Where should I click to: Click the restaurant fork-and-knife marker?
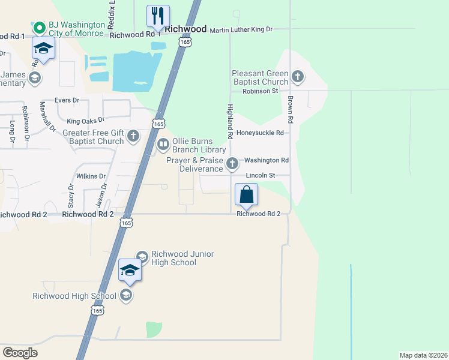click(x=158, y=16)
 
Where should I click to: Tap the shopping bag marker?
click(x=246, y=195)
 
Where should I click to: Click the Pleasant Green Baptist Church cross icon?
click(x=297, y=76)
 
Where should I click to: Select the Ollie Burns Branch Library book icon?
click(x=163, y=144)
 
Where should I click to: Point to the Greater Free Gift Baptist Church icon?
click(x=133, y=137)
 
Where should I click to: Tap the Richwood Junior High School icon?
click(x=142, y=257)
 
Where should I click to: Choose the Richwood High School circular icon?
click(x=125, y=295)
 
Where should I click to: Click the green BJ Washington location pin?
click(x=40, y=28)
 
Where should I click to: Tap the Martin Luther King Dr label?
click(x=241, y=29)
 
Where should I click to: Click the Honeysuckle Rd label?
click(x=259, y=133)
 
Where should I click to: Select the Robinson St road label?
click(x=261, y=91)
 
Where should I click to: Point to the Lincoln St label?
click(x=260, y=175)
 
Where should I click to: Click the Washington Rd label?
click(x=267, y=160)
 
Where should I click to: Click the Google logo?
click(x=20, y=352)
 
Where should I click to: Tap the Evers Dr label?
click(x=67, y=100)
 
